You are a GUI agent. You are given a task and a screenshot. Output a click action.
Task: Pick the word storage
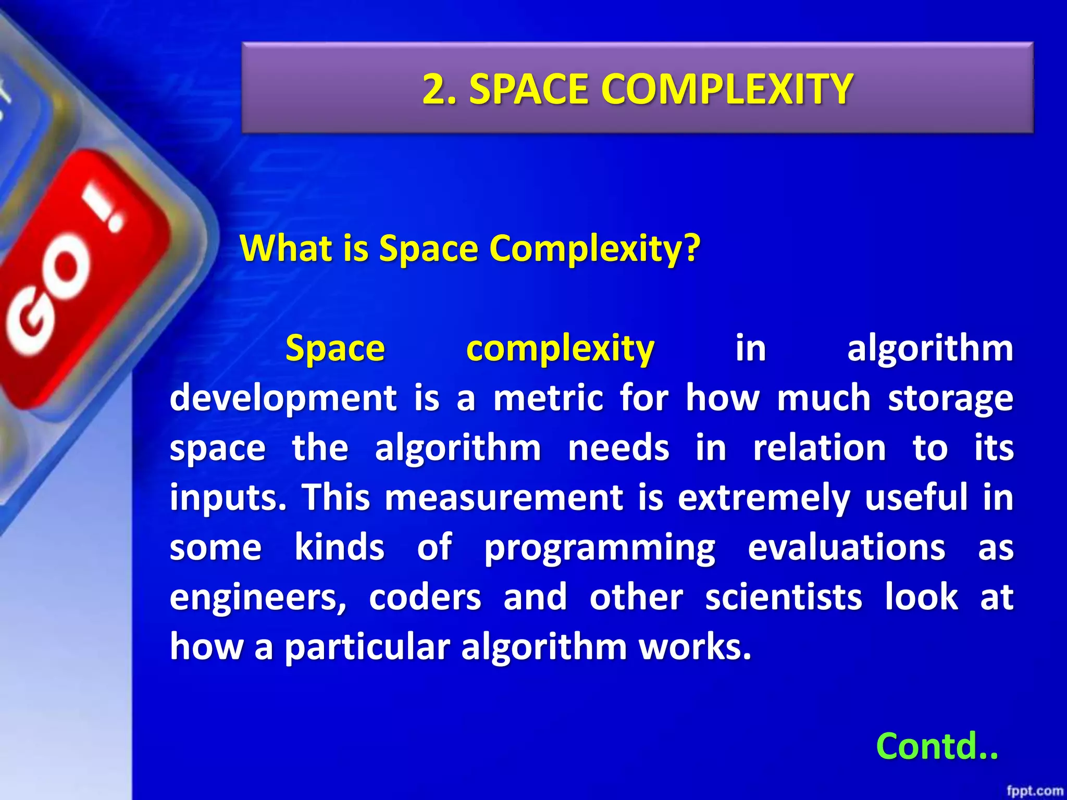pos(950,398)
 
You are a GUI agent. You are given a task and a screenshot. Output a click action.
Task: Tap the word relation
pos(819,448)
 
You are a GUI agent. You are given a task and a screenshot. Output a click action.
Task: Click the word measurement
pos(504,497)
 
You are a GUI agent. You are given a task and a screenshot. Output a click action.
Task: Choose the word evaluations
pos(847,547)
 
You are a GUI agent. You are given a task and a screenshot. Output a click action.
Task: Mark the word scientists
pos(784,597)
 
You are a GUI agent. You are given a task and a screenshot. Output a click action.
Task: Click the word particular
pos(367,647)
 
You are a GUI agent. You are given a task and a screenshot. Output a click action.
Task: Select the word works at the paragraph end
pos(695,646)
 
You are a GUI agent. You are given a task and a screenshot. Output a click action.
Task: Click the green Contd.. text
pos(937,746)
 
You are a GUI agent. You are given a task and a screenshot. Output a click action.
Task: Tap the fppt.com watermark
pos(1034,791)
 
